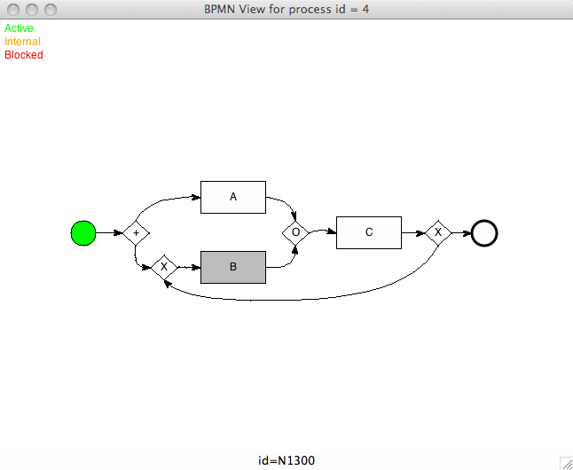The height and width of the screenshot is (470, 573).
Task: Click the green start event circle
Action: coord(82,233)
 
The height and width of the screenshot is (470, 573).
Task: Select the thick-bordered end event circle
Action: coord(484,233)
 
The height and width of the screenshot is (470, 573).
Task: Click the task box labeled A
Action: coord(233,197)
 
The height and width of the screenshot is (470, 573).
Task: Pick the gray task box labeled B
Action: coord(233,267)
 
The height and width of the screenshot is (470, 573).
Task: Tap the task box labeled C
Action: coord(369,232)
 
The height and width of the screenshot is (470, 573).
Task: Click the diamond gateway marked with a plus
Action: coord(136,233)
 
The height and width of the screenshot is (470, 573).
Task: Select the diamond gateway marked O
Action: coord(295,232)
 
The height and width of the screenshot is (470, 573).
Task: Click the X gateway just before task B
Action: coord(164,266)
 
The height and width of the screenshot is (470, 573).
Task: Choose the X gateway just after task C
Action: coord(438,232)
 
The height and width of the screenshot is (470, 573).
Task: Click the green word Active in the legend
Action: coord(19,28)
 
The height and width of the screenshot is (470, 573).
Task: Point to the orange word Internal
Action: coord(22,42)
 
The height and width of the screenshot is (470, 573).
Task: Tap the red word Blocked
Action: coord(23,55)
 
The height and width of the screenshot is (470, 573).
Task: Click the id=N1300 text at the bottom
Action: coord(286,461)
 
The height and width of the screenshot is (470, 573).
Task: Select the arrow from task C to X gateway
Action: coord(413,233)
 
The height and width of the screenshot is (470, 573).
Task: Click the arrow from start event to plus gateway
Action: coord(109,233)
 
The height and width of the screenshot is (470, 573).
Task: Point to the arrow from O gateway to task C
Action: coord(323,231)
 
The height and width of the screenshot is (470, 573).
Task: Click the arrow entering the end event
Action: coord(461,233)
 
